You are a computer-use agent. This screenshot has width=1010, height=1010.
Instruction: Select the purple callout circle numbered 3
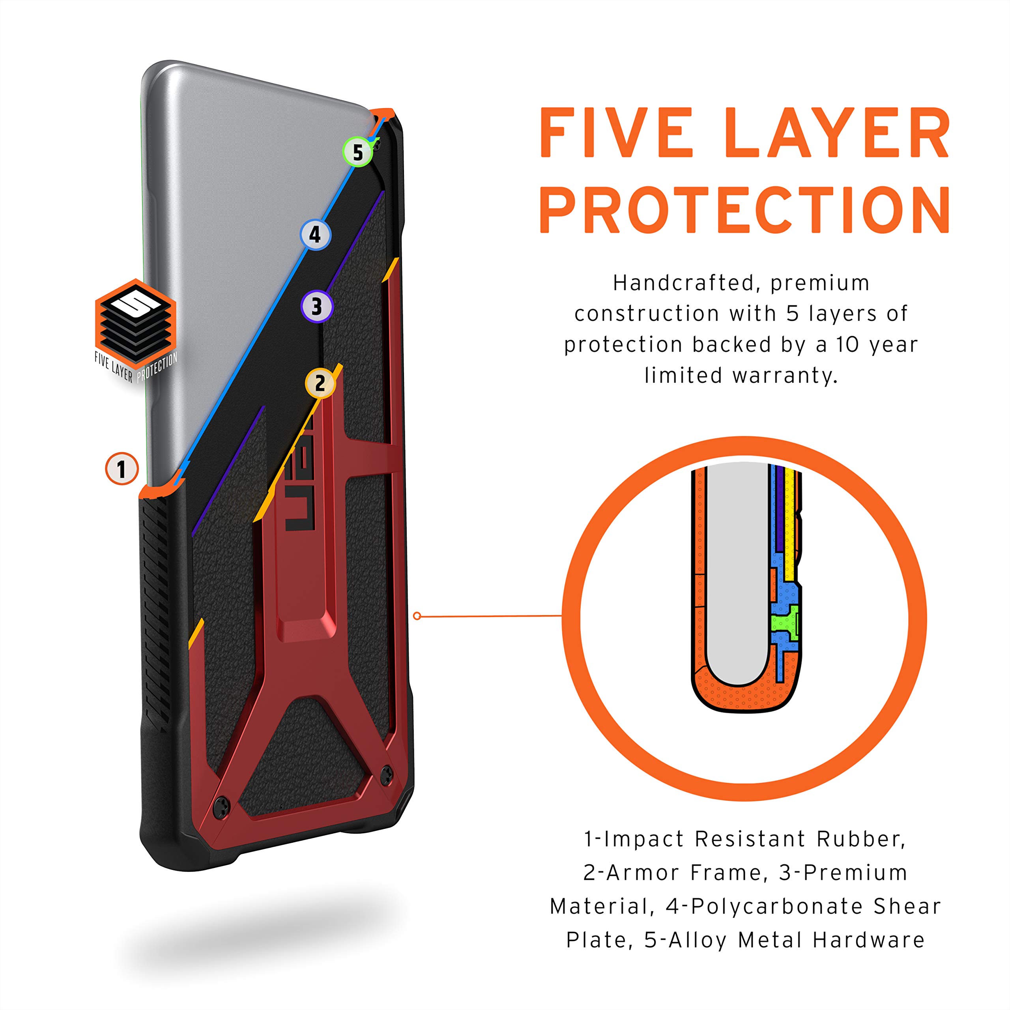(317, 306)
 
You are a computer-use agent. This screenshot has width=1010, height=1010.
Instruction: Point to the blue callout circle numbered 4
(315, 234)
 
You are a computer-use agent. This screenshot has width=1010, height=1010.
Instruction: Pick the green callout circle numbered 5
(357, 152)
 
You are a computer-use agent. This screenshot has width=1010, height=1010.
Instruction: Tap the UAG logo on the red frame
(300, 477)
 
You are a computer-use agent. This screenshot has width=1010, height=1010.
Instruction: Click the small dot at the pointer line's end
(417, 616)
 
